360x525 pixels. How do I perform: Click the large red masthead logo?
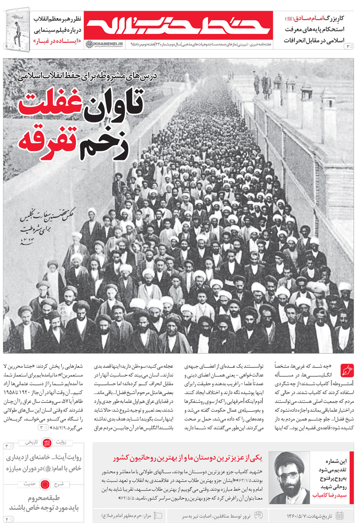click(x=178, y=25)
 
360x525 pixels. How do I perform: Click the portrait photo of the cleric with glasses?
click(x=290, y=477)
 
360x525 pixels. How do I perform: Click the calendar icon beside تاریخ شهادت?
click(x=339, y=515)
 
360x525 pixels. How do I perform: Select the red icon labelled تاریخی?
click(x=46, y=442)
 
